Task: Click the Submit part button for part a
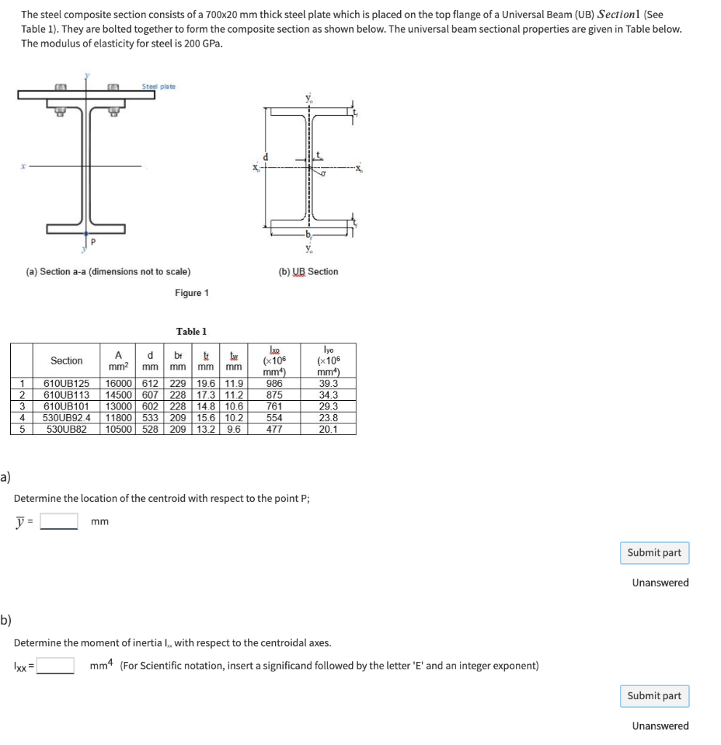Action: [x=654, y=552]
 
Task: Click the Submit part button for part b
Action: [x=654, y=696]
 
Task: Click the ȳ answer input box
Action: [x=59, y=521]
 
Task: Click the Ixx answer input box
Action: [x=55, y=666]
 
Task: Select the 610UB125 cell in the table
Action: [x=66, y=383]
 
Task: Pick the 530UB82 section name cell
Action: [x=66, y=429]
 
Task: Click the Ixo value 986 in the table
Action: [x=274, y=383]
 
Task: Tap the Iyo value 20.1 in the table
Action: [x=328, y=429]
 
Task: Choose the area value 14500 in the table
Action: [x=119, y=394]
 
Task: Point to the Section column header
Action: [x=66, y=361]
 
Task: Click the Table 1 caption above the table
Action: [x=191, y=331]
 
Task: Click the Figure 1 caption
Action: [x=191, y=292]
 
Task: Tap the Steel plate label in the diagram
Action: [x=158, y=87]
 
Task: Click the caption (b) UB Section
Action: [x=308, y=271]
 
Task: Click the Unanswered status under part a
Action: [x=660, y=582]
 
